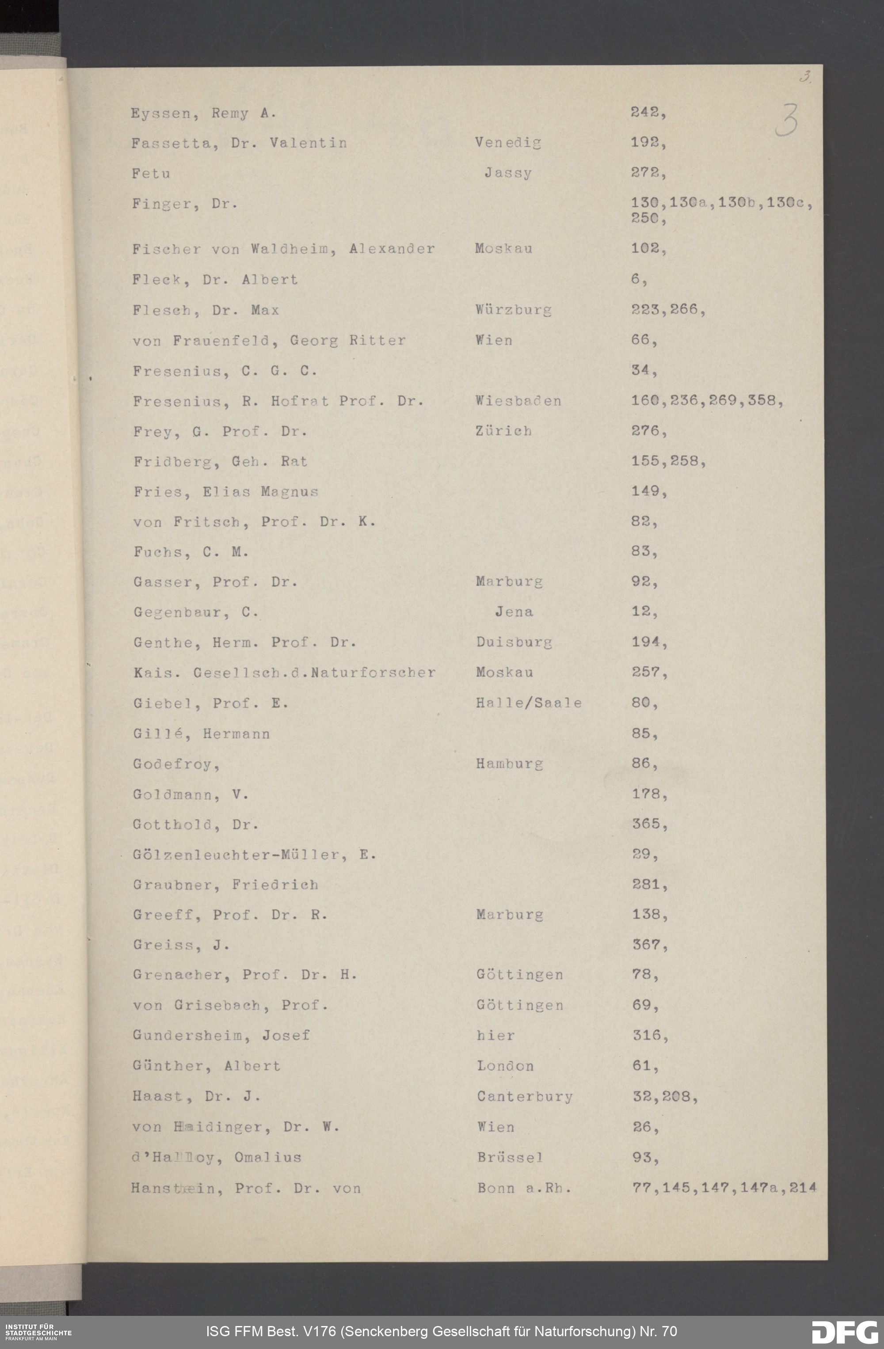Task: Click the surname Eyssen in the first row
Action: pyautogui.click(x=160, y=114)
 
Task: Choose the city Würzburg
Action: pyautogui.click(x=513, y=310)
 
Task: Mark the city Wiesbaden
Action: pyautogui.click(x=518, y=401)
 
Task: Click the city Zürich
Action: pyautogui.click(x=503, y=431)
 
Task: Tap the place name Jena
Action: pyautogui.click(x=514, y=612)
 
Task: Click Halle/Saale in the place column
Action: pyautogui.click(x=529, y=703)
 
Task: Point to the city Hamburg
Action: pyautogui.click(x=509, y=764)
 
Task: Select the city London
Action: pyautogui.click(x=505, y=1066)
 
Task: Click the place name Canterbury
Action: pyautogui.click(x=525, y=1097)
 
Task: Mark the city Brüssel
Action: pyautogui.click(x=510, y=1157)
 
